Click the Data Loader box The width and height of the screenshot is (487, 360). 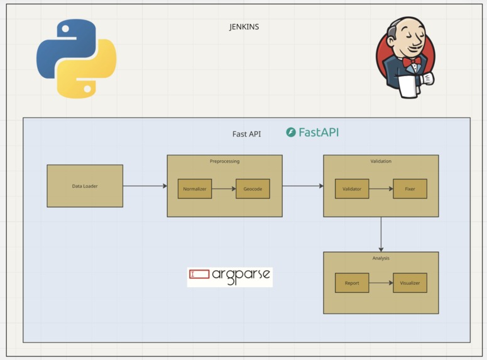[x=85, y=186]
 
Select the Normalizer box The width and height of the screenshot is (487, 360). [x=195, y=189]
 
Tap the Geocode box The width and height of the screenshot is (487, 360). [x=253, y=189]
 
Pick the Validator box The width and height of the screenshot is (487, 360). [x=352, y=189]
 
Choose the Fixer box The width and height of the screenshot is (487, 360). [x=410, y=189]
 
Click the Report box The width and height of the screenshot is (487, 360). [x=352, y=283]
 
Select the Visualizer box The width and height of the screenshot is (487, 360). [x=410, y=283]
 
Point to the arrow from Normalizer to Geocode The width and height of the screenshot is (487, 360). [x=224, y=189]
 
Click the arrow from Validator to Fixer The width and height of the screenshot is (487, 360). [x=381, y=189]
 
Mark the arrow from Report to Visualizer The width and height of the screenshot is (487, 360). [x=381, y=283]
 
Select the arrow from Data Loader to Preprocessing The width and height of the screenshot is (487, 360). [x=145, y=186]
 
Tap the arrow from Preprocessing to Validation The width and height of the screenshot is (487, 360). [x=302, y=186]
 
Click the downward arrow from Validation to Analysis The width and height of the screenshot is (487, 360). [x=381, y=234]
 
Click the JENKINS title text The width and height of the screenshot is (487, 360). [x=244, y=27]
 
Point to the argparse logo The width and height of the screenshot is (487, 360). [x=230, y=276]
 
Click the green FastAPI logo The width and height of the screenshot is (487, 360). [x=312, y=132]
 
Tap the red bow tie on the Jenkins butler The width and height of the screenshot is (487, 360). [x=413, y=62]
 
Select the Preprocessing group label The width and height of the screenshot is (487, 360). [x=224, y=161]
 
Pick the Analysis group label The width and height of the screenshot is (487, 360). [x=381, y=258]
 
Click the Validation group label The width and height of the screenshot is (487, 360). [x=381, y=161]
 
